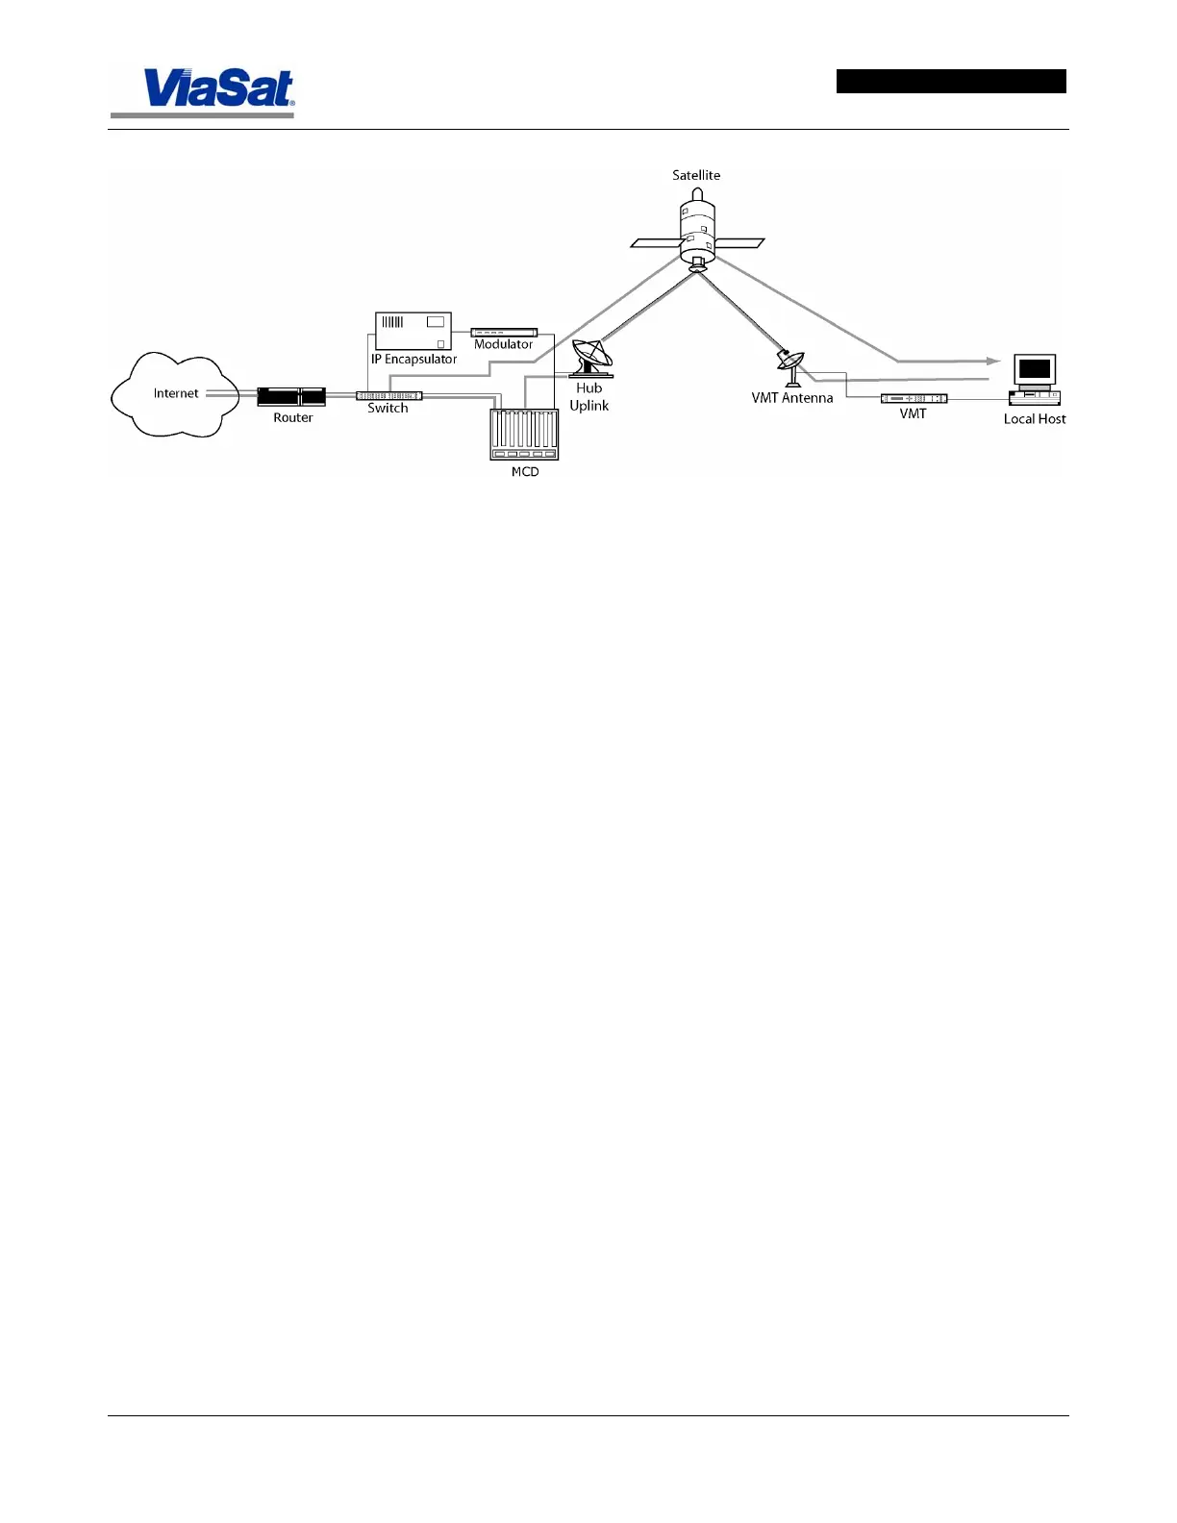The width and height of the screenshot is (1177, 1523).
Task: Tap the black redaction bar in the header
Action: pos(950,81)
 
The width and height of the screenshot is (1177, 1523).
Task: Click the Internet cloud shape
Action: pos(175,394)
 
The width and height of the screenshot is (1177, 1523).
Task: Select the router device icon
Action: pos(291,396)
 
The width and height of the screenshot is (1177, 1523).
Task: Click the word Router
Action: pos(292,418)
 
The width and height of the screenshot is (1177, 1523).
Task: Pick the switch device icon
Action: pos(388,396)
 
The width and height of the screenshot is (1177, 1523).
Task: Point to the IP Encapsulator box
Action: pos(413,331)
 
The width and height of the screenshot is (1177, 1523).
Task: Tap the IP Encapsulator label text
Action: pos(413,360)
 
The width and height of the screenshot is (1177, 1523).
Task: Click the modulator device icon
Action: pos(504,332)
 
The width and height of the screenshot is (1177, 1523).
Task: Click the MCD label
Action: pos(525,472)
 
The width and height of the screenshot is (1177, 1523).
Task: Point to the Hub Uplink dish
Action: pos(590,358)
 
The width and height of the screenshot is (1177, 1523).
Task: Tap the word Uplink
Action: pos(588,406)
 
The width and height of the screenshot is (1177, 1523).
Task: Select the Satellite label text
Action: pos(696,175)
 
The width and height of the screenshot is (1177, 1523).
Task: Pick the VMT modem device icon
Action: pos(914,398)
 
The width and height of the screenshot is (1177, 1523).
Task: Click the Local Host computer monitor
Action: pos(1035,369)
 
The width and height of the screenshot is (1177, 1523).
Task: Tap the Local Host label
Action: pos(1035,419)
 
